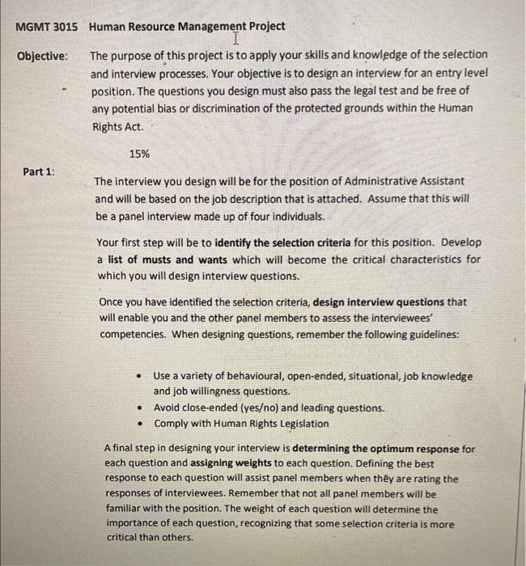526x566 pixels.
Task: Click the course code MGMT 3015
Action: pyautogui.click(x=47, y=26)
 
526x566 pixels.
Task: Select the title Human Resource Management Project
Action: pyautogui.click(x=187, y=26)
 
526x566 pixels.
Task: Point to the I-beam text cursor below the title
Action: pyautogui.click(x=235, y=39)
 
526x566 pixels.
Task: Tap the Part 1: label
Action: pyautogui.click(x=40, y=171)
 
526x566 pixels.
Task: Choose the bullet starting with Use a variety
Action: pyautogui.click(x=312, y=376)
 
